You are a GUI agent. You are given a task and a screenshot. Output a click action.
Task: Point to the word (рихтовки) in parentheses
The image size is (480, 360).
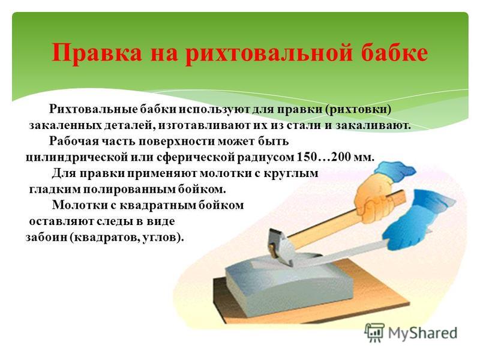pos(358,109)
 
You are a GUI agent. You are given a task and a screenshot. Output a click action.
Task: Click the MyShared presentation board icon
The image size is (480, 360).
pos(374,332)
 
